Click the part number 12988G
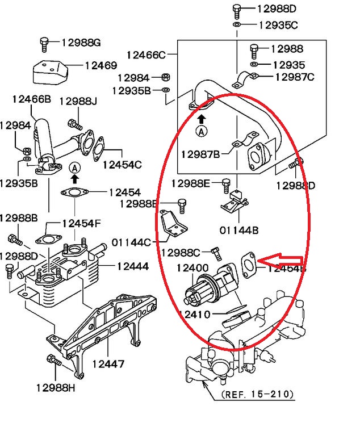(81, 43)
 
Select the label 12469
(101, 65)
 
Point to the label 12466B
(31, 99)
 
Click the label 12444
(133, 266)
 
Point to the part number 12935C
(278, 25)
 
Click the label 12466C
(146, 55)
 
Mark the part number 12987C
(294, 77)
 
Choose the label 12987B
(200, 154)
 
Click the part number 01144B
(239, 231)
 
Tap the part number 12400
(192, 267)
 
